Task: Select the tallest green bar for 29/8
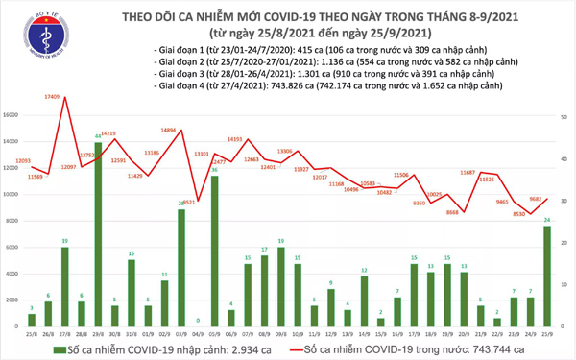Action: coord(98,230)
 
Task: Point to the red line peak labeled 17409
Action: coord(64,95)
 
